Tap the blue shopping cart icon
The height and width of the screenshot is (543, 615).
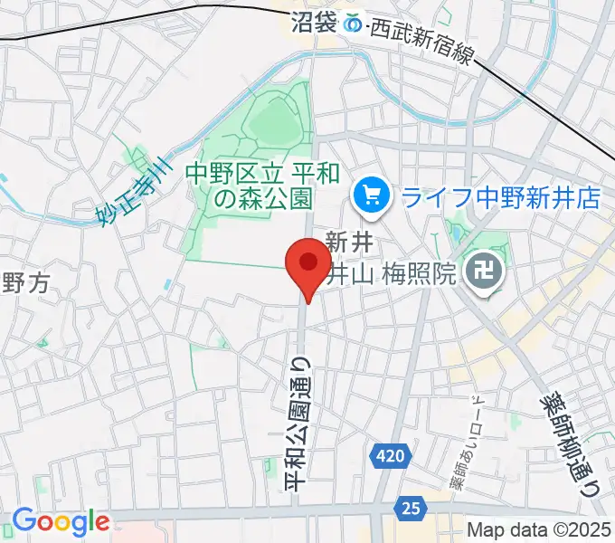[x=371, y=195]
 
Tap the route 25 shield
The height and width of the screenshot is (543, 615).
[x=412, y=510]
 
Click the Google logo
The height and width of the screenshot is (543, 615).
[x=60, y=521]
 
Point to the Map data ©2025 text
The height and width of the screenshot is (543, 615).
[x=537, y=530]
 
